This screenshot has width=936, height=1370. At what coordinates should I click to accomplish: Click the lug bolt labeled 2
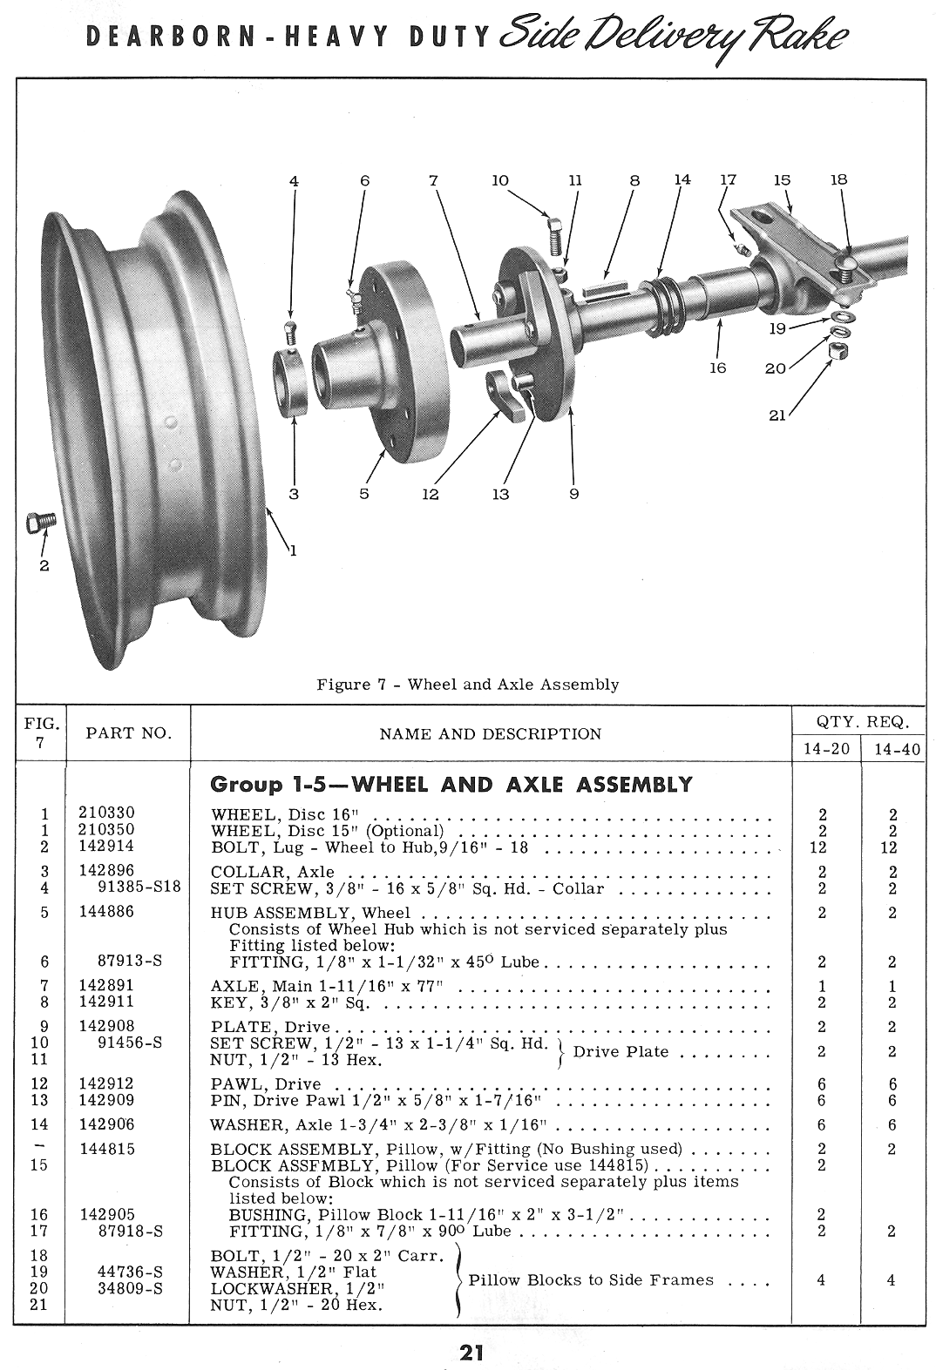pyautogui.click(x=39, y=523)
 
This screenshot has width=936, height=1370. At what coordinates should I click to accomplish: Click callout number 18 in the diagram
pyautogui.click(x=838, y=180)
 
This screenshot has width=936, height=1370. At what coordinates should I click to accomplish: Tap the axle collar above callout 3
pyautogui.click(x=294, y=380)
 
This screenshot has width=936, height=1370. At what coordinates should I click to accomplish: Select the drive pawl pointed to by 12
pyautogui.click(x=505, y=392)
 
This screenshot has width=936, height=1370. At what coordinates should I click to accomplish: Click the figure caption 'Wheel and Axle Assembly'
pyautogui.click(x=468, y=684)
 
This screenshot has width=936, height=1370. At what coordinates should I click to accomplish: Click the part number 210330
pyautogui.click(x=106, y=813)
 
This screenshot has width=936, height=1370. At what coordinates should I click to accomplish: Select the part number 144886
pyautogui.click(x=106, y=912)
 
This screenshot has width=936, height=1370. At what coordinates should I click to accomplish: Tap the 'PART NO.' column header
pyautogui.click(x=128, y=733)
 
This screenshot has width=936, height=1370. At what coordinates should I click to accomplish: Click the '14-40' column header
pyautogui.click(x=897, y=750)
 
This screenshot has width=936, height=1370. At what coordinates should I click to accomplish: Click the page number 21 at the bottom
pyautogui.click(x=471, y=1353)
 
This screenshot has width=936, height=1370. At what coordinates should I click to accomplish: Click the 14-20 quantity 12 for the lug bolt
pyautogui.click(x=821, y=846)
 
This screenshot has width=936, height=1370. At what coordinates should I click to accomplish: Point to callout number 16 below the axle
pyautogui.click(x=717, y=368)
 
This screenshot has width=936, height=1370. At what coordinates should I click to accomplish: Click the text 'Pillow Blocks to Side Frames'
pyautogui.click(x=591, y=1280)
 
